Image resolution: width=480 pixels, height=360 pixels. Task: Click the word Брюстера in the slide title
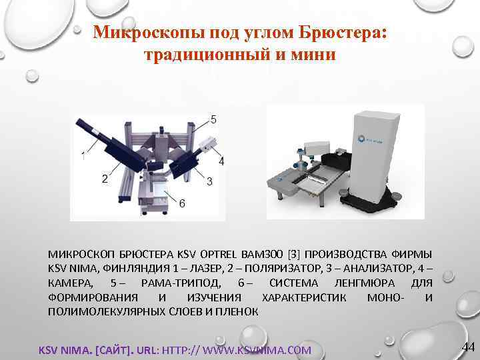point(340,32)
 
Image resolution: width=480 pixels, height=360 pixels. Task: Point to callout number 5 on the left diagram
point(213,120)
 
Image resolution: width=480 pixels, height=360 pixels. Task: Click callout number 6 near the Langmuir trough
point(182,203)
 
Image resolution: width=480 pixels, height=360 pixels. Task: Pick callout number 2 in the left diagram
point(105,179)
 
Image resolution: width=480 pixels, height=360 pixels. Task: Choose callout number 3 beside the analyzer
point(209,181)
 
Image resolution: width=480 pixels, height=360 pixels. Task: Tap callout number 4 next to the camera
point(221,161)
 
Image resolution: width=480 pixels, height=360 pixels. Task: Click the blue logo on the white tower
point(369,140)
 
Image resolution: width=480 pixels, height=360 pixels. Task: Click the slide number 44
point(468,347)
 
